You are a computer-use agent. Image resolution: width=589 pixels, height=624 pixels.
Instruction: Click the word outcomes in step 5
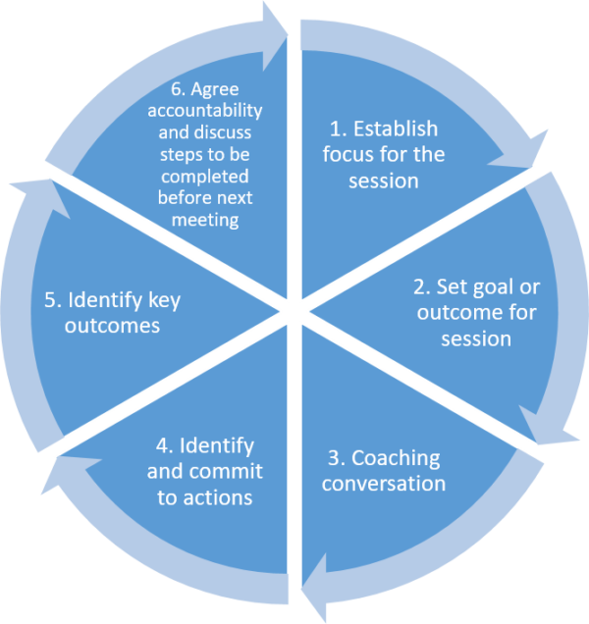112,326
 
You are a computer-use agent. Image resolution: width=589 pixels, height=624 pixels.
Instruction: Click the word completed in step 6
205,176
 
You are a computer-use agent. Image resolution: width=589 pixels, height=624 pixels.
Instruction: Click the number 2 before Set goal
419,288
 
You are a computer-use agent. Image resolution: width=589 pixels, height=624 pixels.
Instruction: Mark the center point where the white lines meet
294,312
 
